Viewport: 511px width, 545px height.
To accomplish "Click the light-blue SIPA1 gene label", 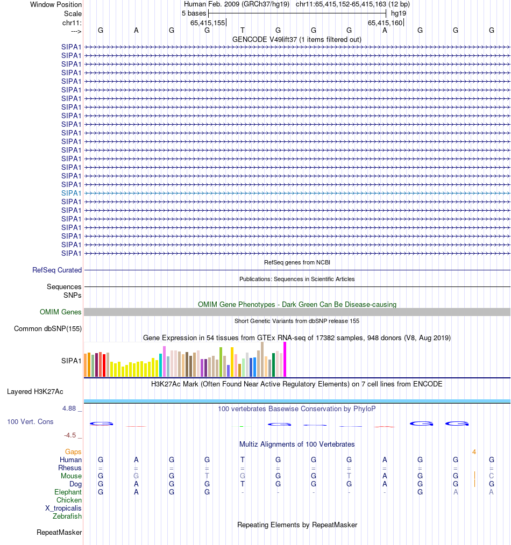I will point(72,193).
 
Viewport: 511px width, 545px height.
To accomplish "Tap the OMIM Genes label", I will point(61,312).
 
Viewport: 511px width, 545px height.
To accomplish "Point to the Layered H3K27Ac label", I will point(35,392).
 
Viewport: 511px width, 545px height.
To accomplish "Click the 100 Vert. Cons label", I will point(30,422).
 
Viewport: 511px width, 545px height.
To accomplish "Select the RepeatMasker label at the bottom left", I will point(59,533).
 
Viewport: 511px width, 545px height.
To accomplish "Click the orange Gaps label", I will point(73,452).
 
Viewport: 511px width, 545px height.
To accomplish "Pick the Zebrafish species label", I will point(67,517).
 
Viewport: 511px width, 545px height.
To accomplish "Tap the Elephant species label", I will point(68,492).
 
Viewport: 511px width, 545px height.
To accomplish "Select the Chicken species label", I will point(69,500).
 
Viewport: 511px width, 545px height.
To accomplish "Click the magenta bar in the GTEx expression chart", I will point(285,359).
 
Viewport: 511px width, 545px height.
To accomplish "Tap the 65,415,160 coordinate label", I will point(385,23).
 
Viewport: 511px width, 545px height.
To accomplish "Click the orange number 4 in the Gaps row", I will point(474,452).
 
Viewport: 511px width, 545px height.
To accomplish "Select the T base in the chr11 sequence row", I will point(243,31).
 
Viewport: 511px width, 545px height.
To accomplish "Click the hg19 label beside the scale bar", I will point(399,13).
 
